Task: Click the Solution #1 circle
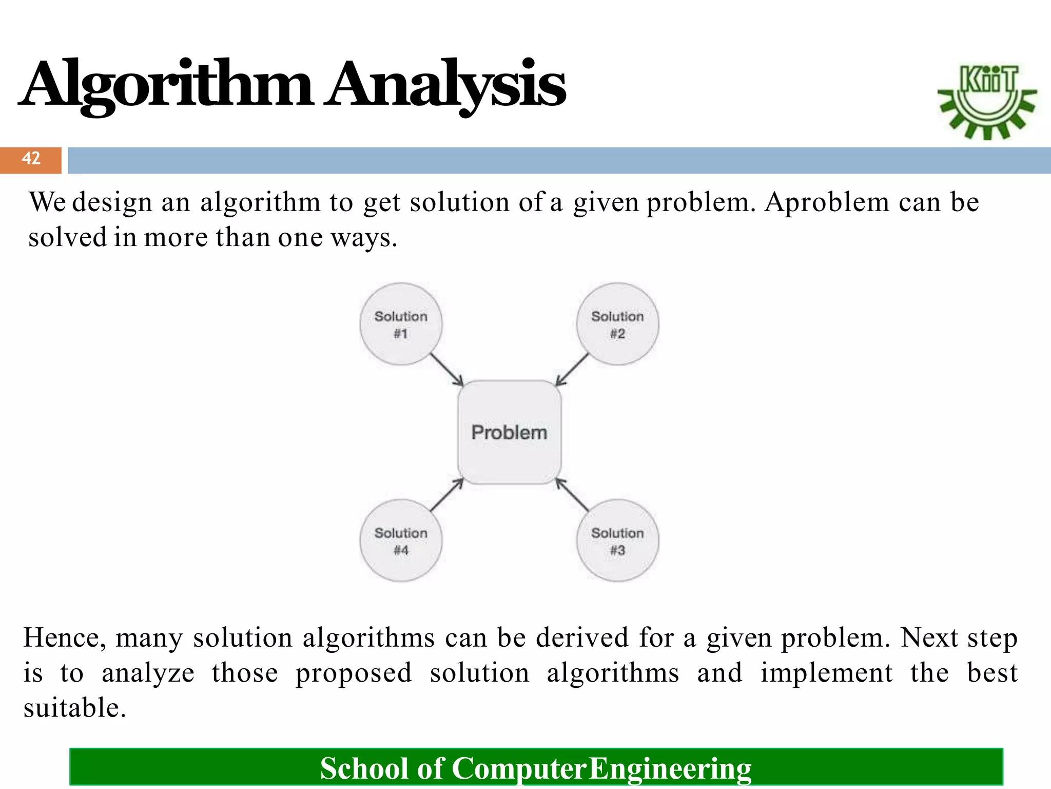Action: (401, 324)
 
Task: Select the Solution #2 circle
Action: (617, 324)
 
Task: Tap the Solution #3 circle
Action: (617, 540)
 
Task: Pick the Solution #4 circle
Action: (401, 540)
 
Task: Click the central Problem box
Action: (509, 432)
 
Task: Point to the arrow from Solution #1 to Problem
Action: (446, 369)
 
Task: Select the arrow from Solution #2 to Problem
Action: (572, 369)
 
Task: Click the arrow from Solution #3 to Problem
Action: (572, 495)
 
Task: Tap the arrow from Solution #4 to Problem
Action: (446, 495)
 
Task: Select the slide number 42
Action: (31, 159)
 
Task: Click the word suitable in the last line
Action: (74, 708)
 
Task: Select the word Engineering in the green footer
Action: (670, 768)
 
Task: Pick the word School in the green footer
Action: (364, 768)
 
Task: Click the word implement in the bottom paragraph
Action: (826, 673)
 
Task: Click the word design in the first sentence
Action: (112, 202)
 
